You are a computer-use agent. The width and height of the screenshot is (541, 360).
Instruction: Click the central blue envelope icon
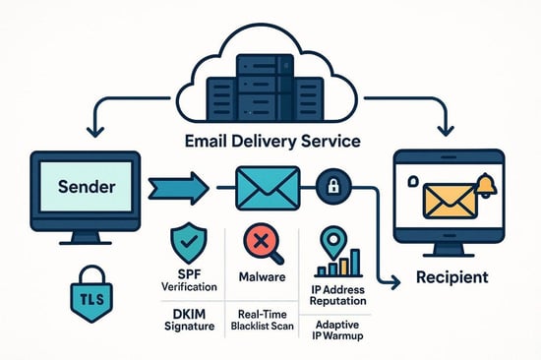269,186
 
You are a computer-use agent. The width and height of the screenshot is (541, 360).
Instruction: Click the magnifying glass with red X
263,243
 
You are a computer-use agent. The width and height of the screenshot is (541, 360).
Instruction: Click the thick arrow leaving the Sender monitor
178,186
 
